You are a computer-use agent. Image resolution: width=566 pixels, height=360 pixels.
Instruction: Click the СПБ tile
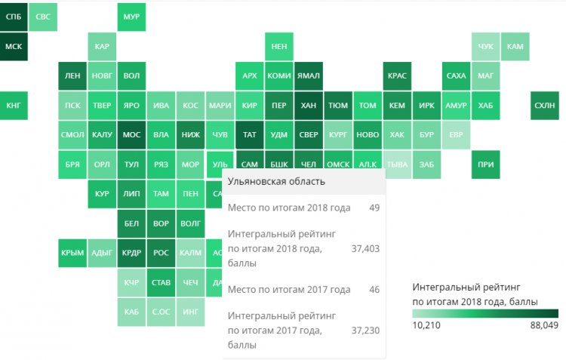[14, 17]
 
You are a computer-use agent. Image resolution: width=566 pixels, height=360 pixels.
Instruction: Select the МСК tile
[14, 46]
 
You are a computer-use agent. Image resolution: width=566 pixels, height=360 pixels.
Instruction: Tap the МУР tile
[131, 17]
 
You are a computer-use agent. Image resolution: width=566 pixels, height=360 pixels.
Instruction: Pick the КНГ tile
[14, 106]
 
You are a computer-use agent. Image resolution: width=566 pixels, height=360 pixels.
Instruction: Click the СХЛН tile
[544, 106]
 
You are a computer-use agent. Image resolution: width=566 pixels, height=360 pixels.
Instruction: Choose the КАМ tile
[515, 46]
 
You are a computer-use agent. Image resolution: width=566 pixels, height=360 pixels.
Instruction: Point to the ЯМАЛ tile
[308, 75]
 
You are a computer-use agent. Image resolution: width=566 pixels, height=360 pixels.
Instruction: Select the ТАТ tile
[249, 135]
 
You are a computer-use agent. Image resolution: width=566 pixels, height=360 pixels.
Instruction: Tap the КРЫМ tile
[72, 253]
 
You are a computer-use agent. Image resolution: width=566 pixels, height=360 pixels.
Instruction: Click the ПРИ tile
[485, 165]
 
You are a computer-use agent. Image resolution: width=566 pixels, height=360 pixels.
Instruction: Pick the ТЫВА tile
[397, 164]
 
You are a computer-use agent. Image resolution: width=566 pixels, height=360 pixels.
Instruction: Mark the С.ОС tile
[161, 312]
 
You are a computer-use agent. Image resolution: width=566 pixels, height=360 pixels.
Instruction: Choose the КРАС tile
[397, 75]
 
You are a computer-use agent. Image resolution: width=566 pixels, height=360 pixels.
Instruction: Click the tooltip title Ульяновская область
[276, 181]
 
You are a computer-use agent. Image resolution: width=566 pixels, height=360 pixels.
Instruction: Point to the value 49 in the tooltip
[374, 208]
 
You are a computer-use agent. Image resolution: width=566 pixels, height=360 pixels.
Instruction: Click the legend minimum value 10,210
[427, 325]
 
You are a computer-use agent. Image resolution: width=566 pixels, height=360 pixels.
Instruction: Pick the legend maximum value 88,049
[542, 325]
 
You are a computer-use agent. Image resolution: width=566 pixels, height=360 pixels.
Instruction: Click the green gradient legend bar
[485, 313]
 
